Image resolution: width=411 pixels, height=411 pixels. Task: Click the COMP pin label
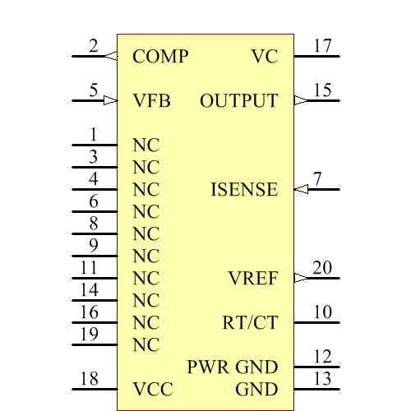click(160, 57)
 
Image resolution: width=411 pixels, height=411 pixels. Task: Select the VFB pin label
click(152, 101)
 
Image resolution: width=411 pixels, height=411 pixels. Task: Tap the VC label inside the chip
click(265, 57)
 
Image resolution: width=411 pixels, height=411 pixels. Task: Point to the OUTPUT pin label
click(238, 101)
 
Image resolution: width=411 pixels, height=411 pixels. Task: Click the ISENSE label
click(244, 190)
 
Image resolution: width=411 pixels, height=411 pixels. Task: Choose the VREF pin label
click(252, 279)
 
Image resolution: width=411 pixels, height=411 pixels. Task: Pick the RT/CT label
click(250, 323)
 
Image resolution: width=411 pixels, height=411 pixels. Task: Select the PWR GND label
click(233, 367)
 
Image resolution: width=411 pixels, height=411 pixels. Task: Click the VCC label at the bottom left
click(153, 389)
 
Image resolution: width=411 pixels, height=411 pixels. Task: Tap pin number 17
click(322, 46)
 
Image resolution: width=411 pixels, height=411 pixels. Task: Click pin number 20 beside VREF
click(322, 268)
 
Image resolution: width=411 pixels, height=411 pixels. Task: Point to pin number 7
click(317, 179)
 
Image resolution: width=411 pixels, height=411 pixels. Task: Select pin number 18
click(88, 379)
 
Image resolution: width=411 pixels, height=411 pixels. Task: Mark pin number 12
click(322, 357)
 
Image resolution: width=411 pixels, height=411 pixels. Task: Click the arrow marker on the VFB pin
click(111, 100)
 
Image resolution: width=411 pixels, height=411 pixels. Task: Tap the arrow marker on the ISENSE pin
click(301, 189)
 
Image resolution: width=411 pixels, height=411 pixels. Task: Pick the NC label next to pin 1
click(145, 145)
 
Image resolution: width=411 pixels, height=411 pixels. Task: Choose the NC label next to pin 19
click(145, 344)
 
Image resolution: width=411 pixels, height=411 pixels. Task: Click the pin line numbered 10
click(316, 322)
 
